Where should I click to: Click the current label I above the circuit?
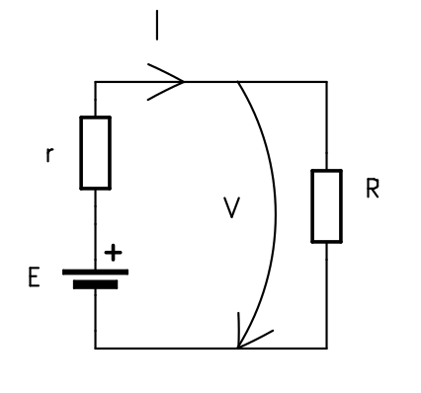(x=156, y=26)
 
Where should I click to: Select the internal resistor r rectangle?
(x=95, y=152)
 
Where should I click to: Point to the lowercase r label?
(x=49, y=155)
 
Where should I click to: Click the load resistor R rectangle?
(x=326, y=205)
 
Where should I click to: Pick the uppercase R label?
(x=372, y=190)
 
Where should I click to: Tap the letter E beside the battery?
(x=35, y=278)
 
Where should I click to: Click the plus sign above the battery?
(x=114, y=253)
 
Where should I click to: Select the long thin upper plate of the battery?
(x=95, y=272)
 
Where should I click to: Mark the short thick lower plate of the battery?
(x=95, y=284)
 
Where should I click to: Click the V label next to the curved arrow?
(x=231, y=208)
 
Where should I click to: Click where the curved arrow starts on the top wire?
(x=237, y=83)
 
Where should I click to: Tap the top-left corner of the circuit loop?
(x=95, y=82)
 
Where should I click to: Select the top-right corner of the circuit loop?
(x=326, y=82)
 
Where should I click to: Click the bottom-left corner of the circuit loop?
(x=95, y=348)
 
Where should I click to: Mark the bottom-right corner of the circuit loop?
(x=326, y=348)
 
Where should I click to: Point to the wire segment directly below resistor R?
(x=326, y=294)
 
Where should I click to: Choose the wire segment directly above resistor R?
(x=326, y=126)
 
